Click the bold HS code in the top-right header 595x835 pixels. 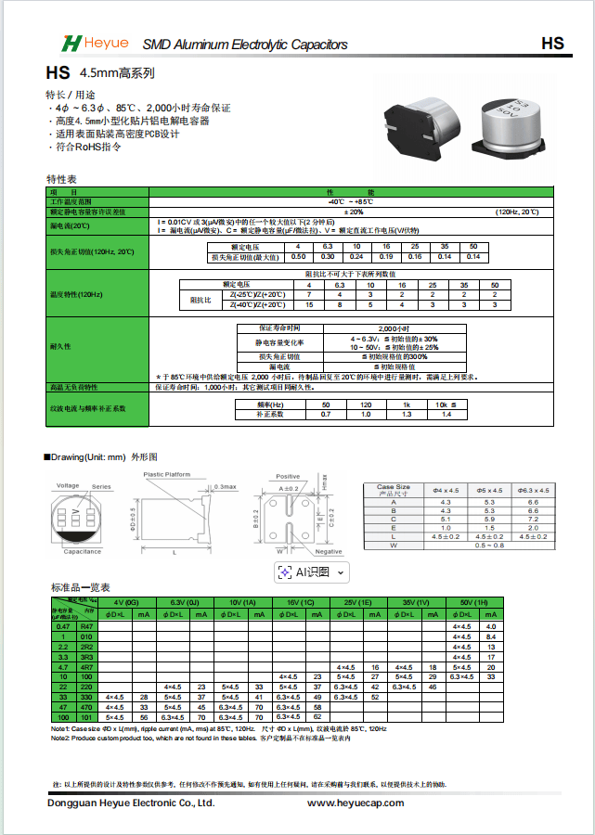tap(552, 44)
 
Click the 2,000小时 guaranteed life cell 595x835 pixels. tap(395, 328)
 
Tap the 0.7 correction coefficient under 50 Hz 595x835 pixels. tap(326, 414)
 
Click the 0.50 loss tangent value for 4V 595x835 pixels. tap(298, 256)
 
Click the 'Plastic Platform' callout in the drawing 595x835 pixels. tap(167, 474)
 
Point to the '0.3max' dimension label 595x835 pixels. tap(226, 486)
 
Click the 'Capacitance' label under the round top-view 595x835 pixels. tap(83, 552)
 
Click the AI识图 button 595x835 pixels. tap(312, 572)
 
